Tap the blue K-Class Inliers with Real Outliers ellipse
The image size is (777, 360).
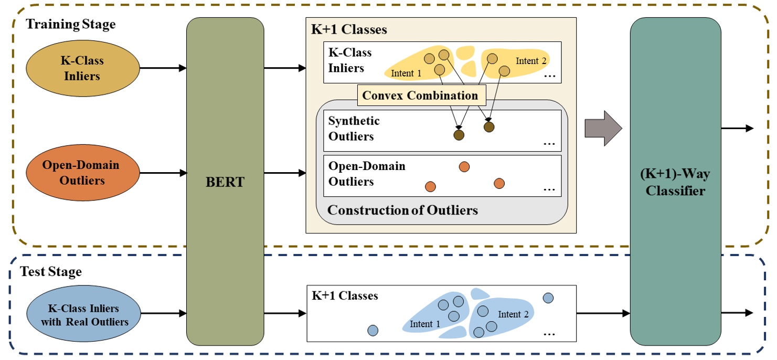84,314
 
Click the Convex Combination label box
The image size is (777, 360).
420,96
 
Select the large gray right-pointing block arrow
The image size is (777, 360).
603,128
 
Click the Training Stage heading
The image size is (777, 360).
71,24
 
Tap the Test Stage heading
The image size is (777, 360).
51,272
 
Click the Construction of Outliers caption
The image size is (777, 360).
402,210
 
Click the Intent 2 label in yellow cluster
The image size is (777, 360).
531,61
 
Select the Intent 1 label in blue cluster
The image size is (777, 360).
424,324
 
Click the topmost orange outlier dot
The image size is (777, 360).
464,167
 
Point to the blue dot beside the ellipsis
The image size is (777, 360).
548,298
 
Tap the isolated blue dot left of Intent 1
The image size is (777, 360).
372,331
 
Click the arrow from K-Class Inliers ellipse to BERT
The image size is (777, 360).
163,68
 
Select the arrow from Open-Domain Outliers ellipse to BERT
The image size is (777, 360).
163,173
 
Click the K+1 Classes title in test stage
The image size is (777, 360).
345,296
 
